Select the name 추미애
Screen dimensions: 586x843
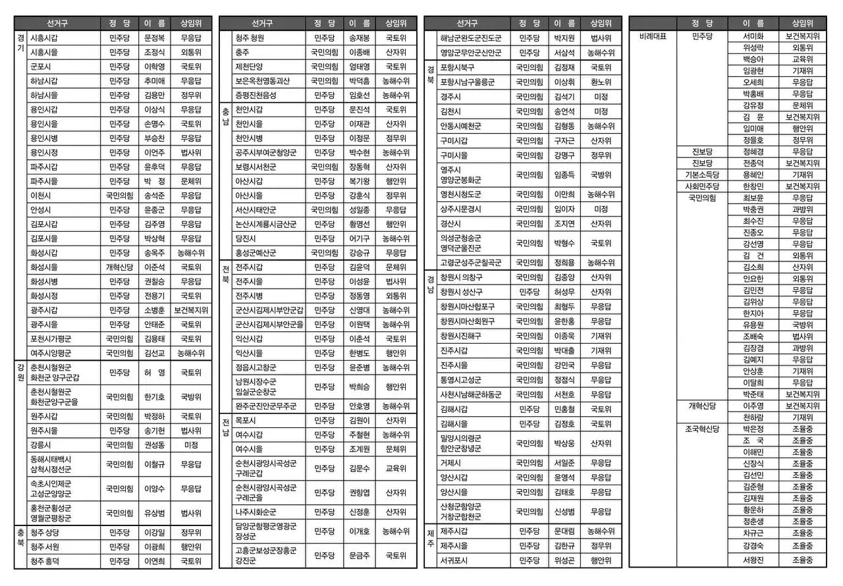pyautogui.click(x=154, y=81)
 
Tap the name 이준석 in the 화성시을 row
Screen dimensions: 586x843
pyautogui.click(x=154, y=267)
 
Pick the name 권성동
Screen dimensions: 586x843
pyautogui.click(x=154, y=444)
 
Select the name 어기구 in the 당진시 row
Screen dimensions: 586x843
pyautogui.click(x=359, y=238)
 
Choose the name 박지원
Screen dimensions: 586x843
pyautogui.click(x=564, y=38)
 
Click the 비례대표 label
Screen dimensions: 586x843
pyautogui.click(x=653, y=36)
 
